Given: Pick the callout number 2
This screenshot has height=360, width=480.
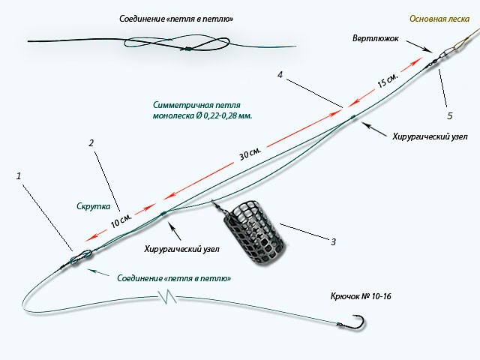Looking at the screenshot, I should point(91,142).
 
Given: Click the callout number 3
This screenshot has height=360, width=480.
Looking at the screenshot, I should point(332,241).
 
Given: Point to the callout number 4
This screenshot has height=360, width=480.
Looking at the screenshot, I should point(280,75).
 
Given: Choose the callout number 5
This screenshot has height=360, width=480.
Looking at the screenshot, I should point(449,116).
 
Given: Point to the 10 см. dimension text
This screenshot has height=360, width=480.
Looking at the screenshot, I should point(120,220).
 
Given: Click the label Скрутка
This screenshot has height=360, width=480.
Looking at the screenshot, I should point(94,205).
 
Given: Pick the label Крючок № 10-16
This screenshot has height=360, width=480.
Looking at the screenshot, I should point(360,296).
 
